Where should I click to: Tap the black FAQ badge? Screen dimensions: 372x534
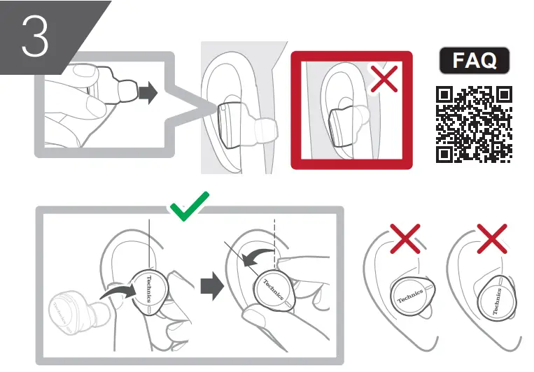click(x=474, y=61)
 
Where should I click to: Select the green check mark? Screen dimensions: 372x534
click(x=188, y=205)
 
